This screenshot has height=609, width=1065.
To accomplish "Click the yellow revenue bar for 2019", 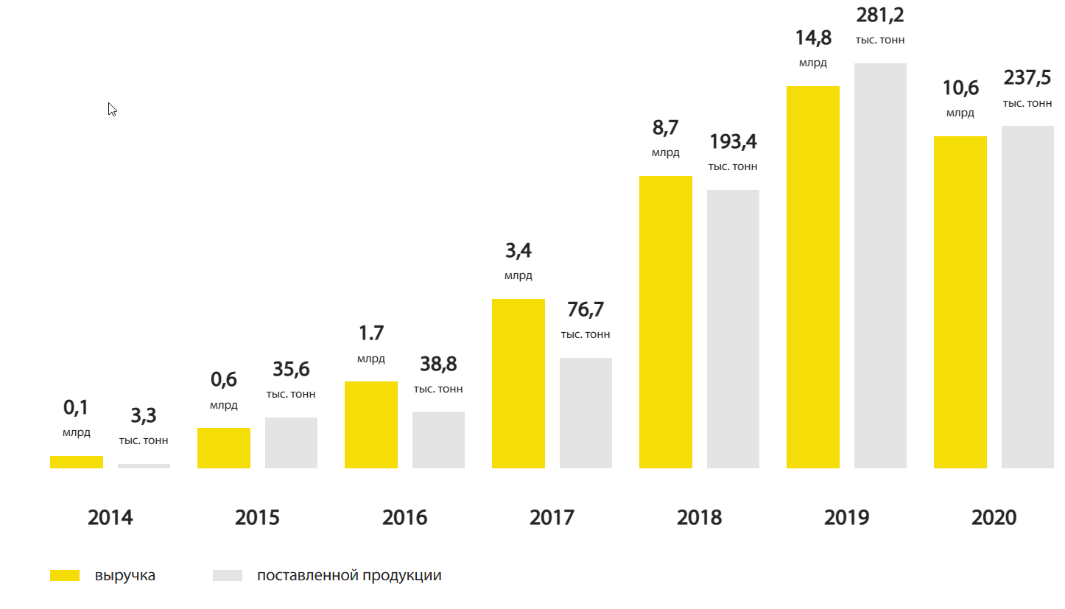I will click(812, 277).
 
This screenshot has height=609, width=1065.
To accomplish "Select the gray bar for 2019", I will click(880, 265).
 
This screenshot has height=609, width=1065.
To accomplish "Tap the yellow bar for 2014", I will click(76, 462).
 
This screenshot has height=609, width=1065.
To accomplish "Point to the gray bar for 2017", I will click(586, 412).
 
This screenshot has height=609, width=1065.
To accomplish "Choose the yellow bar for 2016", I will click(370, 424).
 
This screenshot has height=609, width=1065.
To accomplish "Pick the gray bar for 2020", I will click(1027, 297).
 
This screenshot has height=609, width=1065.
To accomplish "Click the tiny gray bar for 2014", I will click(144, 465).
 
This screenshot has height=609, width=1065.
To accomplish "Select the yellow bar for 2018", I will click(665, 322).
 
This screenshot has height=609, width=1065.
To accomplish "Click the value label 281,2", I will click(880, 15).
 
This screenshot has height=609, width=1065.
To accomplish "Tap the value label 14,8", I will click(813, 38).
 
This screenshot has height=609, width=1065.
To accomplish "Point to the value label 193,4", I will click(733, 142).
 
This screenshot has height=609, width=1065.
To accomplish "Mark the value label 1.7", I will click(370, 334).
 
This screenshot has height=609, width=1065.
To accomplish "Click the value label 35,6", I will click(291, 370).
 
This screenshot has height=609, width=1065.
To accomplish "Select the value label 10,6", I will click(960, 88).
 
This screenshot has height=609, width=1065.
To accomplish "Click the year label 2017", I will click(552, 518).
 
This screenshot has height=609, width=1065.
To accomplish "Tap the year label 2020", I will click(994, 518).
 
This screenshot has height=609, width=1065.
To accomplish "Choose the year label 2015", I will click(257, 518).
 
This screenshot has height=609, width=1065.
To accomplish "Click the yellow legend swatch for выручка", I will click(65, 576).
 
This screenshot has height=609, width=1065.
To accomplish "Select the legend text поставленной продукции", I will click(349, 576).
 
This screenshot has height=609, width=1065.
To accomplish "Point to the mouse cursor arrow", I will click(111, 108).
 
